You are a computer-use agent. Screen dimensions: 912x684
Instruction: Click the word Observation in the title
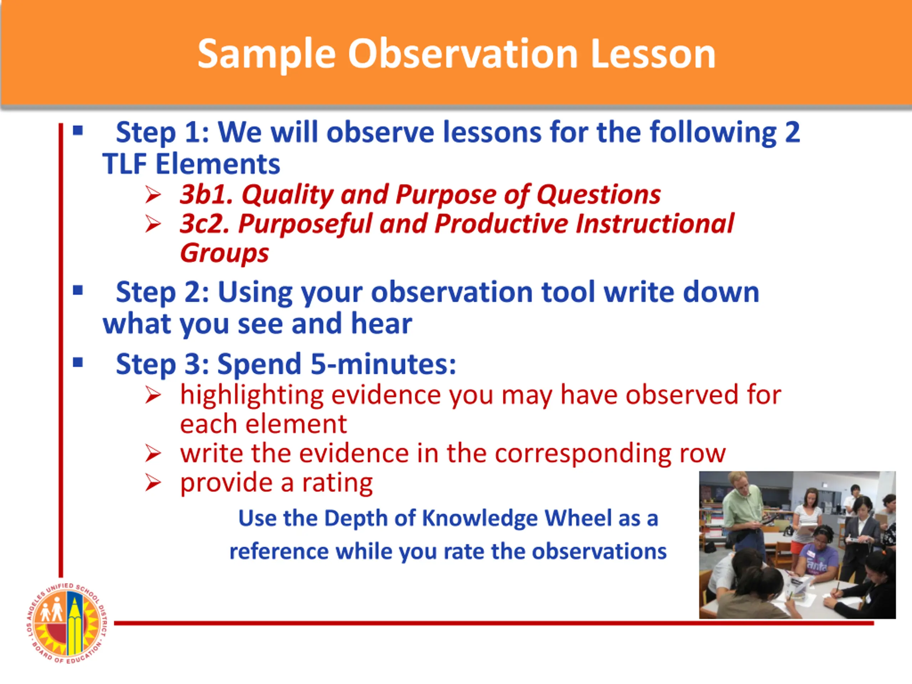(463, 54)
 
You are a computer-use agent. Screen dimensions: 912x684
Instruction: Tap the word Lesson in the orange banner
(653, 54)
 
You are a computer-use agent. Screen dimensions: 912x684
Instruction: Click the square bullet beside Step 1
(78, 131)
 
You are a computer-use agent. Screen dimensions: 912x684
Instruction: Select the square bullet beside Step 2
(78, 291)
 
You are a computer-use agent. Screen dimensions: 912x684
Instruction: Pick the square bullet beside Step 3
(78, 363)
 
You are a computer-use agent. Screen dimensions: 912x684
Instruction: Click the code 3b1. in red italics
(207, 194)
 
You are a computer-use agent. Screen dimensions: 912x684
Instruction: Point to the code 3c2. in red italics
(205, 224)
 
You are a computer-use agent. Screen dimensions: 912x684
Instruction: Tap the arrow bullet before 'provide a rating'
(153, 483)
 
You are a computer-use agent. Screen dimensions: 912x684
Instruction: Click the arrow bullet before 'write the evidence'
(153, 454)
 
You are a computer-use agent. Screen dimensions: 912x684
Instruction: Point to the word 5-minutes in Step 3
(383, 364)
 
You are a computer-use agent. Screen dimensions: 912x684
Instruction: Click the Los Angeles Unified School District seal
(66, 623)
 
